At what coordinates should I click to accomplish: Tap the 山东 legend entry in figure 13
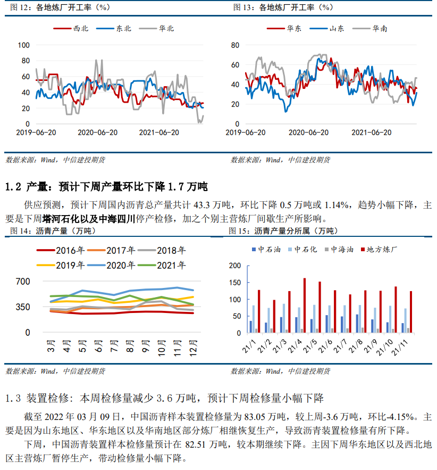pos(327,28)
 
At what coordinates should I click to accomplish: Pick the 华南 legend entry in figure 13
pos(370,28)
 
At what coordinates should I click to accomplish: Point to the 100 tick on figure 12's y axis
pos(23,45)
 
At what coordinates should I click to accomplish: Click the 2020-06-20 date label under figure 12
pos(98,133)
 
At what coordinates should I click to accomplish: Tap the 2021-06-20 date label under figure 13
pos(371,133)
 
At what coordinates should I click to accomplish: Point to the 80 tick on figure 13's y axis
pos(235,45)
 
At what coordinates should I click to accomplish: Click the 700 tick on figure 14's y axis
pos(23,282)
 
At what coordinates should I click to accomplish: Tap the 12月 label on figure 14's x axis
pos(194,348)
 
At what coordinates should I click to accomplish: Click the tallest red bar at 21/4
pos(305,306)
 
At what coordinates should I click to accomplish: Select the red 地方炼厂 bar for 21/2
pos(274,317)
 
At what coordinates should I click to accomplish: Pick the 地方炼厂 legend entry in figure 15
pos(379,250)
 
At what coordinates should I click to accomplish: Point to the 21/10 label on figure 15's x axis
pos(385,347)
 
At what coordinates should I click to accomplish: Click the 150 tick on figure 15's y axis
pos(235,283)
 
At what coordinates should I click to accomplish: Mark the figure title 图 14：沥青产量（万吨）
pos(53,231)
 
